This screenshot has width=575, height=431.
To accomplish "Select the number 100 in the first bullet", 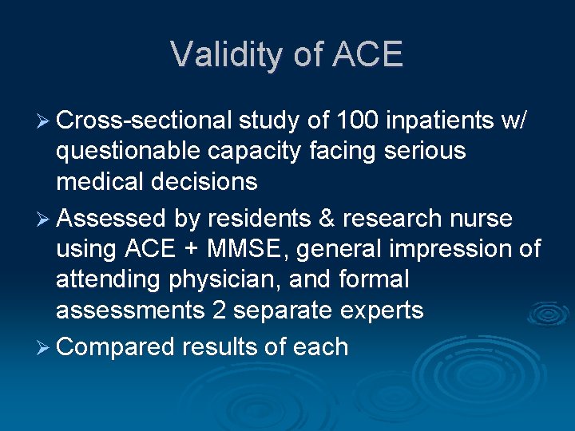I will pos(354,120).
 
